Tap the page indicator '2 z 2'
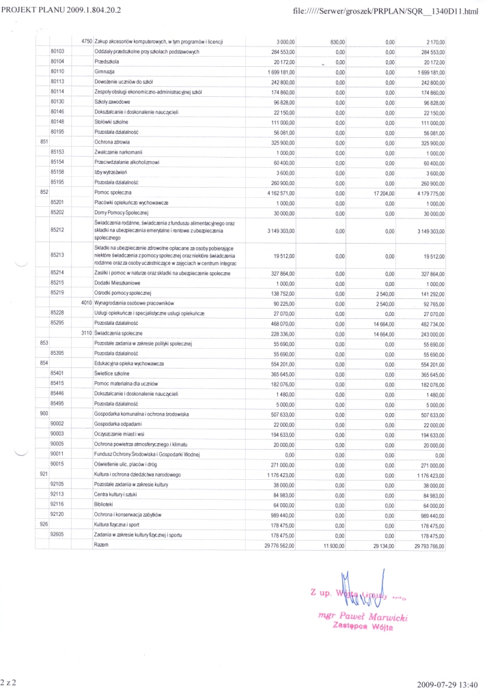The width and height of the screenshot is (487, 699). tap(10, 682)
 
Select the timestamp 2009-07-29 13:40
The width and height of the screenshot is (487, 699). tap(449, 683)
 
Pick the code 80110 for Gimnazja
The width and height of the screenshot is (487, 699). tap(57, 71)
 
